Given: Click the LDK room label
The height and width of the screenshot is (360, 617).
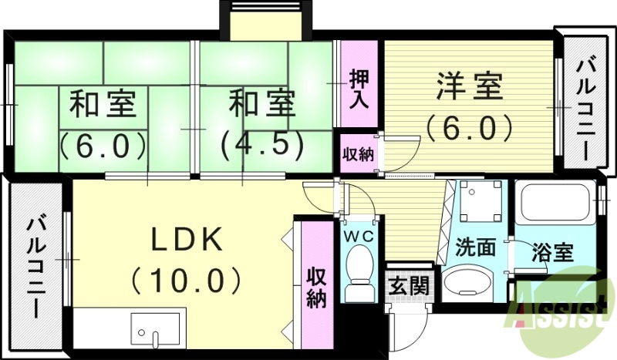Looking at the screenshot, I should (186, 240).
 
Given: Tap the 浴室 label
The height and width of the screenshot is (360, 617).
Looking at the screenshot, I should (553, 251).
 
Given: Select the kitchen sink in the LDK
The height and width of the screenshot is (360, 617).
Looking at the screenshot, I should (157, 329).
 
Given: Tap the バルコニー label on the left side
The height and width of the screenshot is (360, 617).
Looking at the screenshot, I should (35, 266).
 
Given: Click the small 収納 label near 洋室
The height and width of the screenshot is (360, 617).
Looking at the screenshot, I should (358, 153).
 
